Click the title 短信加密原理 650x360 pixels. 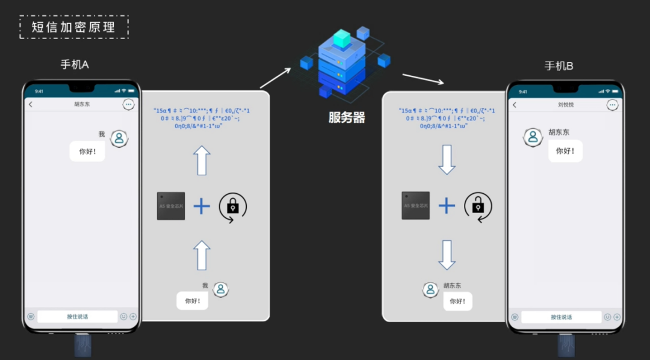pyautogui.click(x=73, y=27)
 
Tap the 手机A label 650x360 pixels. pyautogui.click(x=75, y=65)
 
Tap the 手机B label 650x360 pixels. pyautogui.click(x=559, y=66)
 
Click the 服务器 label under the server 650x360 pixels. pyautogui.click(x=347, y=118)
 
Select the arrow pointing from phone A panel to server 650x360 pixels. pyautogui.click(x=275, y=78)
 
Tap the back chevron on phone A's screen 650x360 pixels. pyautogui.click(x=31, y=105)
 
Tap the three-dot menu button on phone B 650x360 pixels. pyautogui.click(x=612, y=105)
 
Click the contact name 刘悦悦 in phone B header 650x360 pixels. pyautogui.click(x=565, y=105)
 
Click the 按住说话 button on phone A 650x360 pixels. pyautogui.click(x=77, y=317)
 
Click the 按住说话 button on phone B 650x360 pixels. pyautogui.click(x=561, y=317)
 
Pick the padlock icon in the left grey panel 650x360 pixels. pyautogui.click(x=232, y=206)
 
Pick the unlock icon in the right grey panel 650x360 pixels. pyautogui.click(x=478, y=206)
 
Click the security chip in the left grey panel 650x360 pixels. pyautogui.click(x=171, y=206)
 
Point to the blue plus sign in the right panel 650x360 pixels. pyautogui.click(x=447, y=206)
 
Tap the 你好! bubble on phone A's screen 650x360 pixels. pyautogui.click(x=87, y=152)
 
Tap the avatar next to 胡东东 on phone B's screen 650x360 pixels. pyautogui.click(x=533, y=138)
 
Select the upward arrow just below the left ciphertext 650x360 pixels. pyautogui.click(x=202, y=160)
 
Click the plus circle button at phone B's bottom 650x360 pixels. pyautogui.click(x=616, y=317)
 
